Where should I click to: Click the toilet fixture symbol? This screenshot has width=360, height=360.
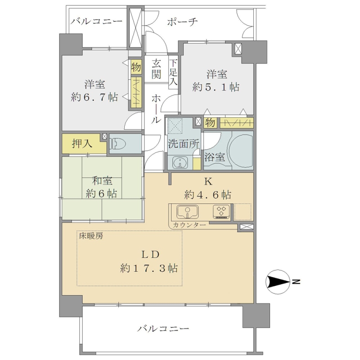click(118, 144)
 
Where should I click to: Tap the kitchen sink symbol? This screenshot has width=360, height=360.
click(188, 211)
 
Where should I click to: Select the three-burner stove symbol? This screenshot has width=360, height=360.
click(221, 211)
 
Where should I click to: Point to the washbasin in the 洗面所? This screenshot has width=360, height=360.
click(180, 163)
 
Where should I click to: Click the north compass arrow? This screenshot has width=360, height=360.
click(278, 282)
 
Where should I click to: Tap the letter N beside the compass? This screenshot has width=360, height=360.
click(297, 282)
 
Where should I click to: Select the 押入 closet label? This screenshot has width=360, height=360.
click(82, 144)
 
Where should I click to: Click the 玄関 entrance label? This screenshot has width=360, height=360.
click(156, 69)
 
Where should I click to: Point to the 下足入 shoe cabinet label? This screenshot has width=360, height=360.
click(173, 72)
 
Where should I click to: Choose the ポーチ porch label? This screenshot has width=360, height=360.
click(182, 22)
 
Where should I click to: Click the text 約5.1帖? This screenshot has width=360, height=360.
click(216, 87)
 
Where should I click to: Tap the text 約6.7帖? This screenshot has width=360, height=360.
click(94, 97)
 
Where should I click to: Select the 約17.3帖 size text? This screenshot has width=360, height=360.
click(149, 268)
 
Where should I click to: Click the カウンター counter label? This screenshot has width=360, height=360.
click(189, 225)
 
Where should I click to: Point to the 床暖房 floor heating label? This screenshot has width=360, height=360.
click(91, 236)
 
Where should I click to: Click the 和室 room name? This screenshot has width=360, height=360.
click(102, 181)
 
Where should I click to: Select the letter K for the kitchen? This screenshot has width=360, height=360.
click(208, 182)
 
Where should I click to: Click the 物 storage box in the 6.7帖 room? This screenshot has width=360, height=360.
click(136, 67)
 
